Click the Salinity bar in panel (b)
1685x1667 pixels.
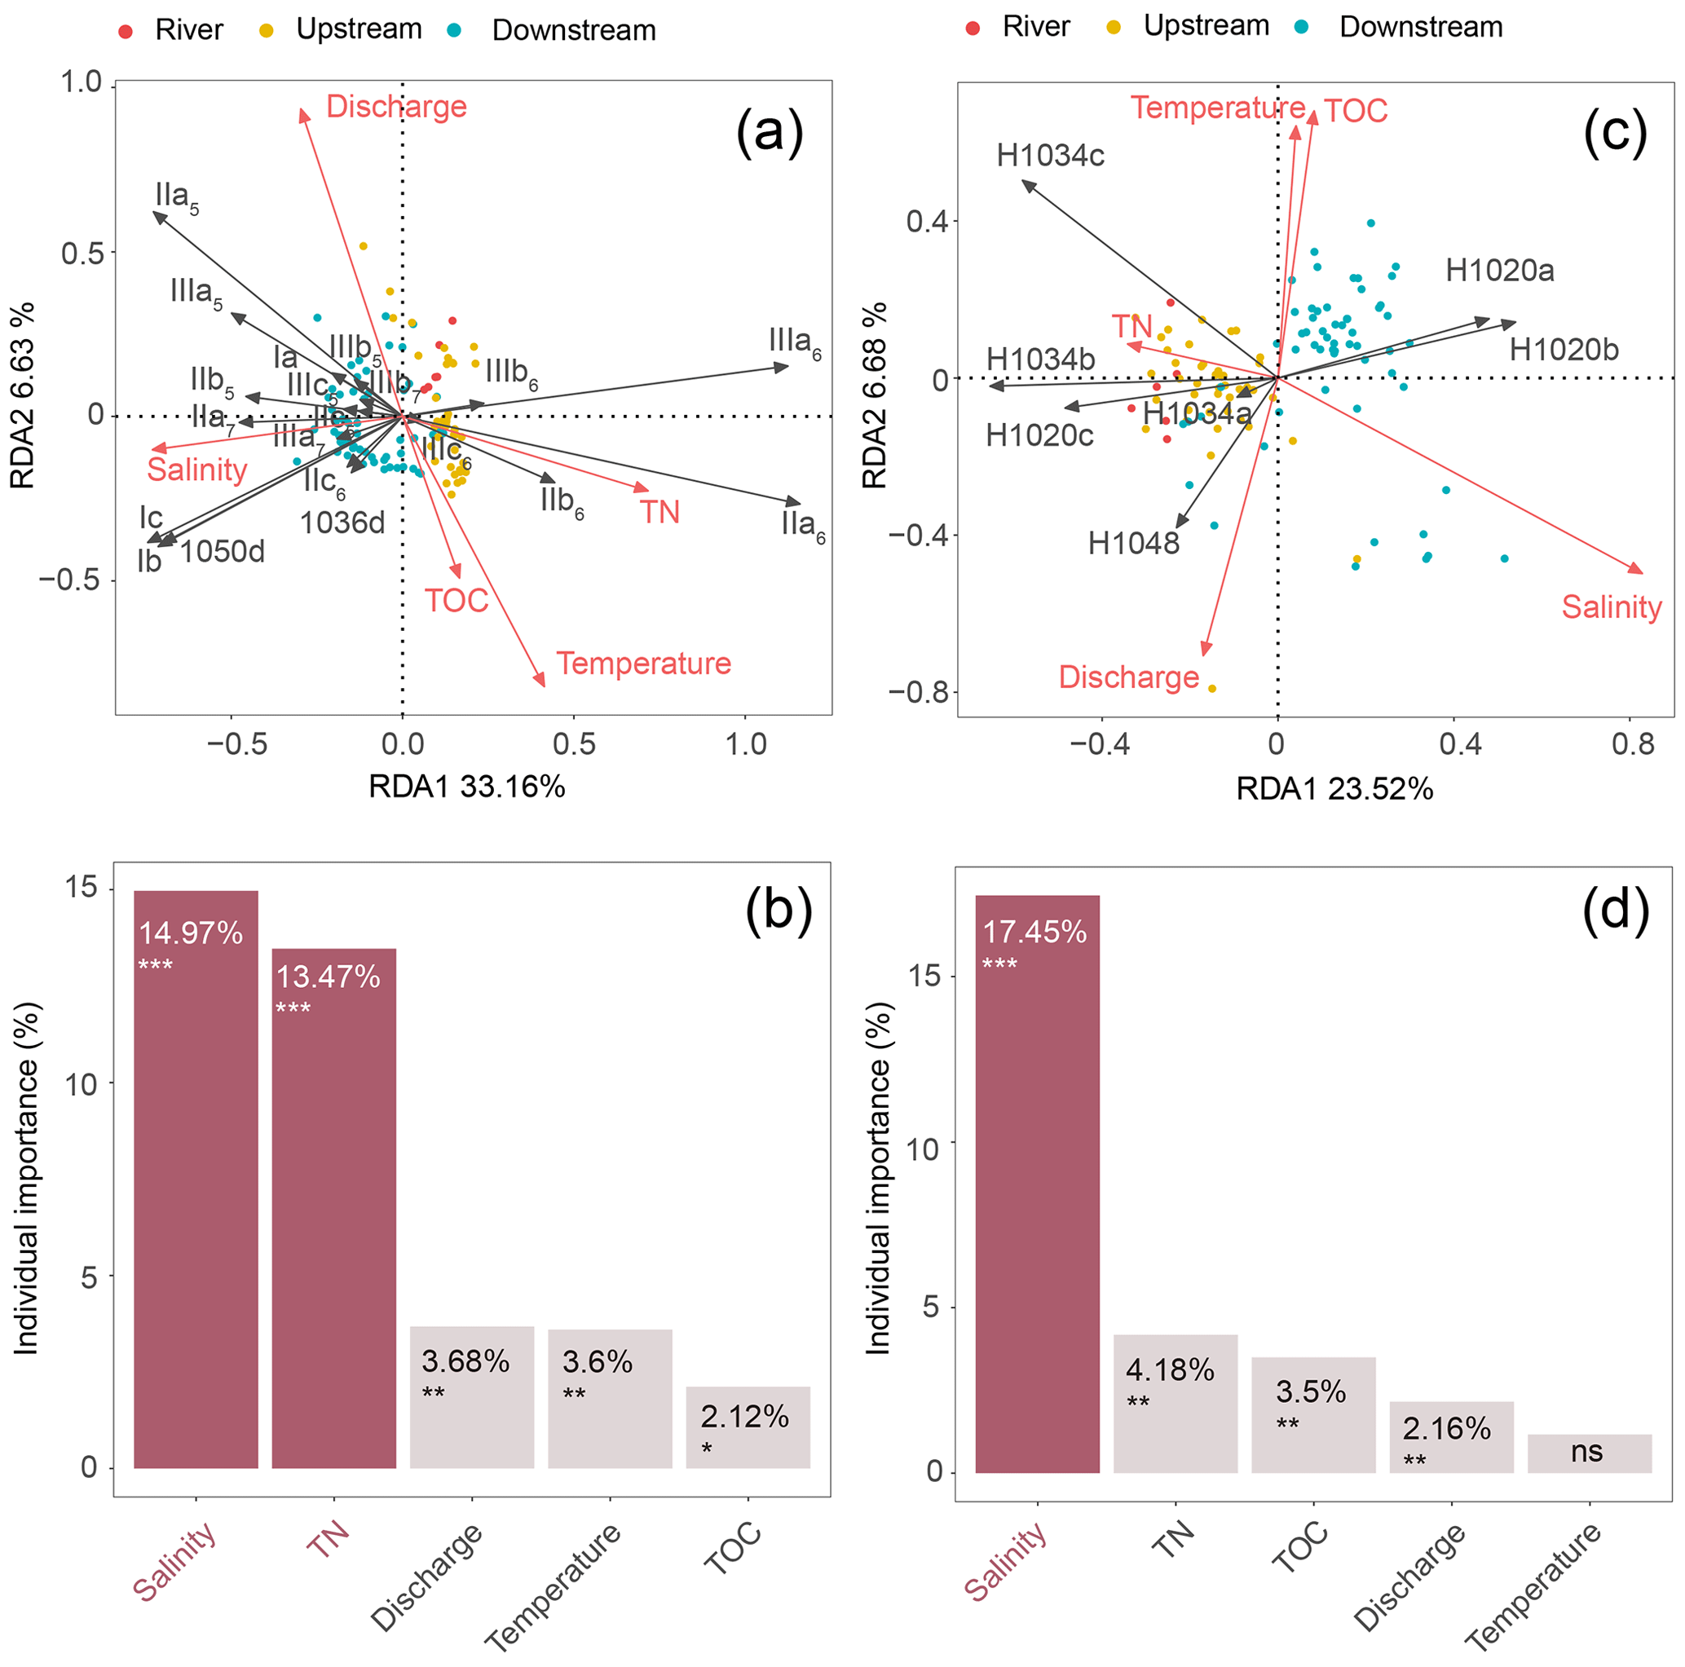point(196,1178)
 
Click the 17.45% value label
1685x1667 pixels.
point(1034,932)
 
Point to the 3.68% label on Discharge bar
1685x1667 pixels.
point(465,1361)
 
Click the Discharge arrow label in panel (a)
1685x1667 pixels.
point(396,107)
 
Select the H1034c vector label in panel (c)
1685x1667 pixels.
point(1050,155)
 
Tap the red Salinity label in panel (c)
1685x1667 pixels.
point(1611,607)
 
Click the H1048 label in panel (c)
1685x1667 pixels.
point(1133,544)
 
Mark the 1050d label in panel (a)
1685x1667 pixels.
point(223,552)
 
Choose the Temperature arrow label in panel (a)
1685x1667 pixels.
point(644,663)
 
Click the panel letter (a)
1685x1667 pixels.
point(769,134)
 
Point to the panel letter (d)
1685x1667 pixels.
point(1615,910)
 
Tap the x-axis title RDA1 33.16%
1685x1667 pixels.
point(466,787)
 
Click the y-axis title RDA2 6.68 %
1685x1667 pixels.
point(875,395)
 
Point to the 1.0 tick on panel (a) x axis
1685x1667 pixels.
point(746,744)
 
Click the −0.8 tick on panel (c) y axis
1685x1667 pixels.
point(919,692)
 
